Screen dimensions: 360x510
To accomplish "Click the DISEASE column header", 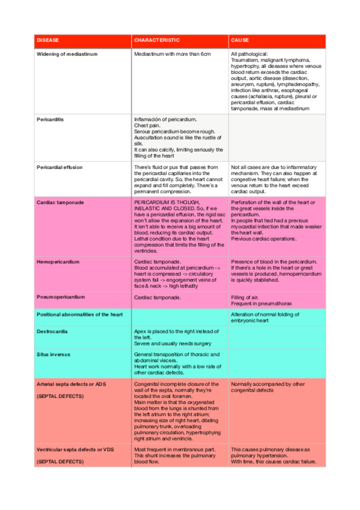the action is click(48, 40).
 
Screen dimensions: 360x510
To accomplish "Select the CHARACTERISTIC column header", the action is click(156, 40).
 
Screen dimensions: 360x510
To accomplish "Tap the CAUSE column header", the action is click(239, 40).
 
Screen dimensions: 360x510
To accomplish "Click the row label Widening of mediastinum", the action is click(67, 54).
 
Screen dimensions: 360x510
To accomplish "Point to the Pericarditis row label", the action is click(50, 119).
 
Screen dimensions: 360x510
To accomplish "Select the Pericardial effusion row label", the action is click(59, 167).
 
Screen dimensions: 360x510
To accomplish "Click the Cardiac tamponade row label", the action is click(60, 202).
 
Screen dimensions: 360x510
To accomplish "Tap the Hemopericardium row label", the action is click(58, 262).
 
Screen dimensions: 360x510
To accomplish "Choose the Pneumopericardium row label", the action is click(61, 296).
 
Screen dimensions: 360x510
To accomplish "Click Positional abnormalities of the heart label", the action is click(79, 315).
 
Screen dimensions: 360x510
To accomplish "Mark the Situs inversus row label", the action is click(53, 354).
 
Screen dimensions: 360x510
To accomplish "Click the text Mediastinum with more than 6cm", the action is click(172, 54).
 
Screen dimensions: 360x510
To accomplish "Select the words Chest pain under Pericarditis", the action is click(148, 125).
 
